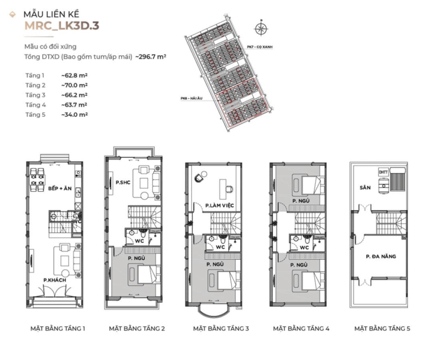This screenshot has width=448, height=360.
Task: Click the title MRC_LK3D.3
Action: pos(61,25)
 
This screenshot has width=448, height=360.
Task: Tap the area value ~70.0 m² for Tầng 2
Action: pos(75,85)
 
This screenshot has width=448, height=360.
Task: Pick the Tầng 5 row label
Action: pos(35,114)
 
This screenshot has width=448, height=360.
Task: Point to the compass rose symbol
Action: pos(261,28)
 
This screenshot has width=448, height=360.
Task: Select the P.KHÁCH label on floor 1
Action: pos(55,279)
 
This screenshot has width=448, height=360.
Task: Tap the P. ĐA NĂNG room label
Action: pos(381,256)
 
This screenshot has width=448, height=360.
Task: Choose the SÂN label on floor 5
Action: pos(365,187)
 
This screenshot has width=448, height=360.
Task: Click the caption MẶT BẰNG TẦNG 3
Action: pos(221,328)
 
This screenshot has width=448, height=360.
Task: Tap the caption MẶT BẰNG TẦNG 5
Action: pos(382,328)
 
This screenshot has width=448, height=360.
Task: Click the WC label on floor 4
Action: pos(304,247)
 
